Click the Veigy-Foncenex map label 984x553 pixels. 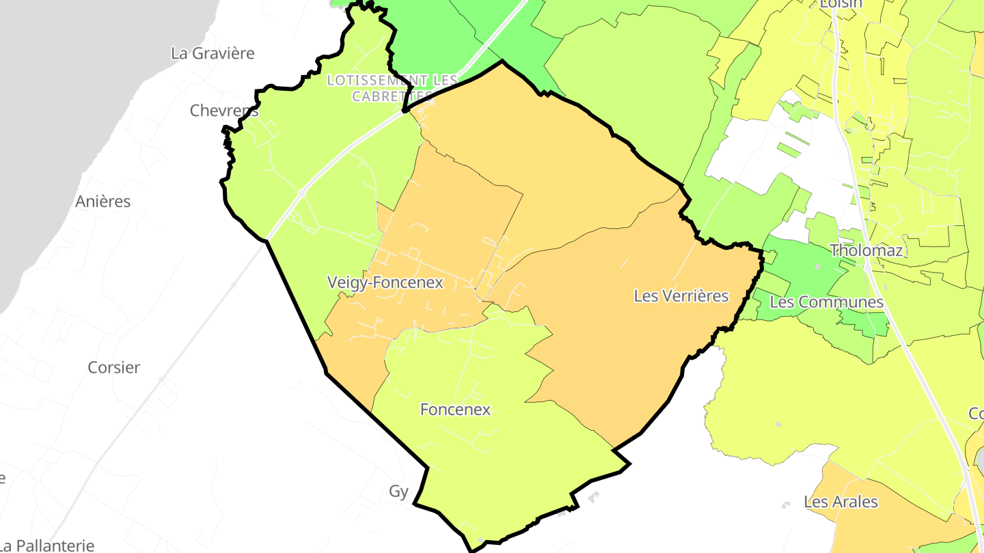click(x=385, y=283)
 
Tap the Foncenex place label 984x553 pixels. click(x=455, y=410)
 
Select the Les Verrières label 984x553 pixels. click(x=681, y=296)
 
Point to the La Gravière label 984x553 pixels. click(x=213, y=53)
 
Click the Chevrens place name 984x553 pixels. click(x=224, y=111)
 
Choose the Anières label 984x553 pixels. click(x=102, y=201)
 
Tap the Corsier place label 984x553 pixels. click(x=114, y=367)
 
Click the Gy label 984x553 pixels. click(x=398, y=492)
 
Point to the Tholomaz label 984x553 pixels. click(x=866, y=251)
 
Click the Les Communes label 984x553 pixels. click(x=826, y=302)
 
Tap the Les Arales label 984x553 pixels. click(x=841, y=502)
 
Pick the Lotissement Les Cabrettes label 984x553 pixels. click(x=392, y=88)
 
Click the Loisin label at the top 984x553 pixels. click(x=842, y=4)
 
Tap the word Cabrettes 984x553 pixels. click(x=392, y=96)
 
